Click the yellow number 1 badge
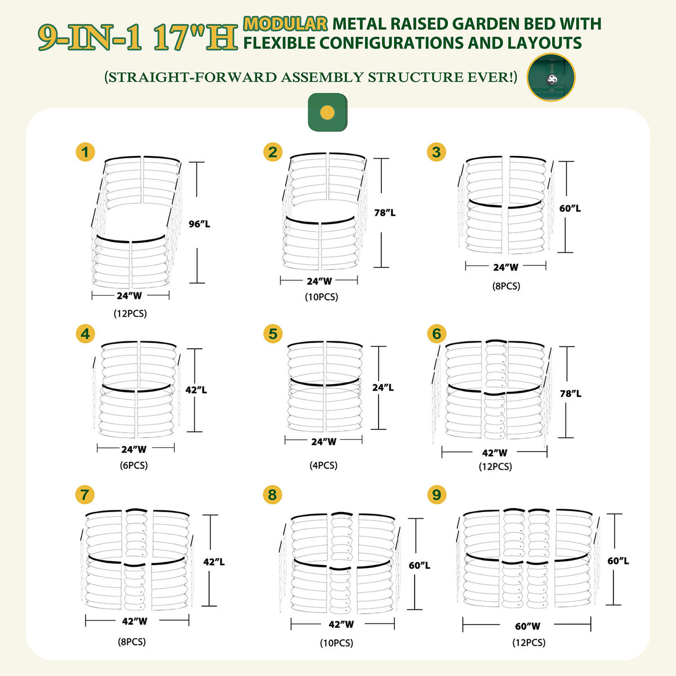(85, 152)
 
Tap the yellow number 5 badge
(273, 333)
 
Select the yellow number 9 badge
(436, 495)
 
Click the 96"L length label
(199, 224)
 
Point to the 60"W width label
(528, 626)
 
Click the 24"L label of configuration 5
(383, 388)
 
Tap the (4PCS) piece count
(324, 465)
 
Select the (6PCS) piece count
(134, 465)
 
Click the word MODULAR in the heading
(285, 24)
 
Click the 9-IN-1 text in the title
(90, 38)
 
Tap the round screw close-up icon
(551, 78)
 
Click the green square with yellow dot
(327, 112)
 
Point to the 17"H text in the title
(195, 38)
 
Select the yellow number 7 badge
(84, 495)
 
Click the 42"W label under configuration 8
(341, 624)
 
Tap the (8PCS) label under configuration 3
(506, 286)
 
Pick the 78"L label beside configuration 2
(385, 212)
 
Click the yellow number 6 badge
(436, 333)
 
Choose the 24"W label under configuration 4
(134, 449)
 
